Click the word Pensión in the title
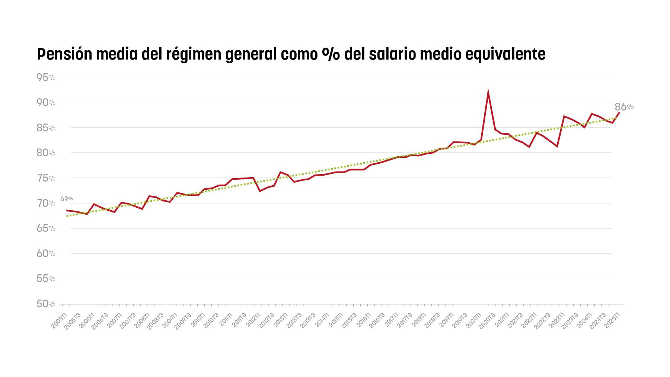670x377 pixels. coord(64,54)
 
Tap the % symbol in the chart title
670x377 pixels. coord(331,54)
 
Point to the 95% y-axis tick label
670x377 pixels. coord(46,77)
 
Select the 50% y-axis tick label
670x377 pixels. coord(46,304)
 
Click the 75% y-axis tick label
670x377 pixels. coord(46,178)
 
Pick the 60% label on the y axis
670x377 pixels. coord(46,254)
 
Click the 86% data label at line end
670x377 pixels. coord(624,107)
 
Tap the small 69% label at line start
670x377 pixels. coord(66,199)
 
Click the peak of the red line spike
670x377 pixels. coord(488,93)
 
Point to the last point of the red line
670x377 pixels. coord(619,112)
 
